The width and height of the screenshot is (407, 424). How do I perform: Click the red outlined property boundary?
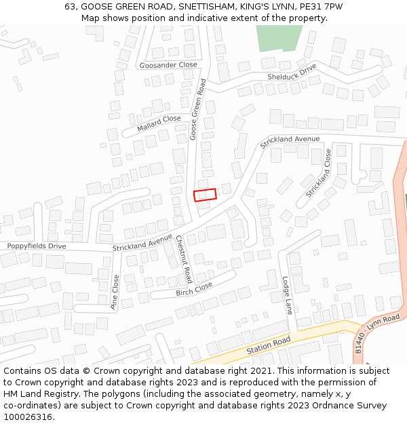205,195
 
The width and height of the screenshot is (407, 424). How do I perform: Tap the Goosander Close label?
168,65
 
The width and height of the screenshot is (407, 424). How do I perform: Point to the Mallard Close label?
159,123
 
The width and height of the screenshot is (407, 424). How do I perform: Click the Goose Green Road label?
197,109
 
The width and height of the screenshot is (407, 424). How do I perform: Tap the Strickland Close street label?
318,173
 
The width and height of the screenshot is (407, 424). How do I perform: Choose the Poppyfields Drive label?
37,246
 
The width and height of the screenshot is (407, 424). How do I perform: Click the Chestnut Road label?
183,259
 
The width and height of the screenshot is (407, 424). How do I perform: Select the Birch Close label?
194,288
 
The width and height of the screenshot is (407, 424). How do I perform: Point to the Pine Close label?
115,292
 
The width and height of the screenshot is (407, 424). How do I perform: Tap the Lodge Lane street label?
287,295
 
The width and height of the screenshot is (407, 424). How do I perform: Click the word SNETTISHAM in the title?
197,6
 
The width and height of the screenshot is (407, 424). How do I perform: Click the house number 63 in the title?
70,6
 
